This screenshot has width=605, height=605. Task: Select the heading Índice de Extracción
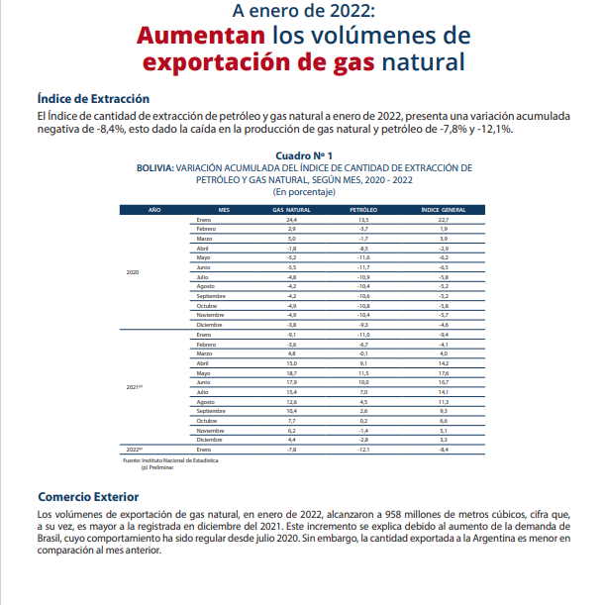point(93,99)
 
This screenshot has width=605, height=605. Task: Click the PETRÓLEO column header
point(363,210)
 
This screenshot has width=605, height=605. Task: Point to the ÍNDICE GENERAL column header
point(444,210)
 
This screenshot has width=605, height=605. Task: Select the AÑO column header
point(154,210)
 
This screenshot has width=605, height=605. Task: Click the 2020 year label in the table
point(133,271)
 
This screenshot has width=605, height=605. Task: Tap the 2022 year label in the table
point(135,449)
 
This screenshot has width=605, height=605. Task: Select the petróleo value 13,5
point(363,219)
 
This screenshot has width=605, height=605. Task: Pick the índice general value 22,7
point(444,219)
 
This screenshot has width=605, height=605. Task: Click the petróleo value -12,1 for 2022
point(363,449)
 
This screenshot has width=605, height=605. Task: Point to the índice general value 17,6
point(444,372)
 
